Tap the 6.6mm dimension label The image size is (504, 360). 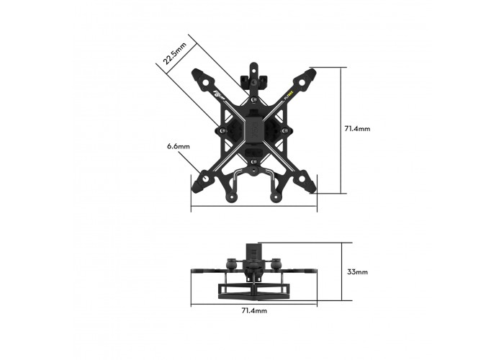[x=178, y=146]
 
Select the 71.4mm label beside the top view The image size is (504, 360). [x=357, y=129]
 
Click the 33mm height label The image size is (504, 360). [x=357, y=272]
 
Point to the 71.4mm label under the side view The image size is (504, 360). [x=253, y=310]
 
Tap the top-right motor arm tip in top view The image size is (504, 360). [x=312, y=73]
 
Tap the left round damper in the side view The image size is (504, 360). [x=232, y=264]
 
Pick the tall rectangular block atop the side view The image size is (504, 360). [x=254, y=253]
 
